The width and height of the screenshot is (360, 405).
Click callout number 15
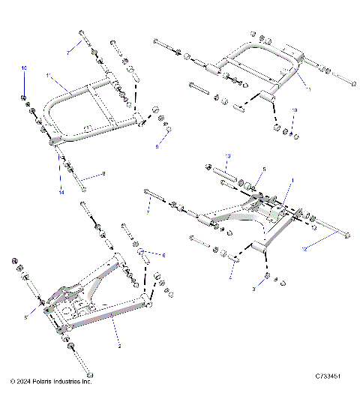(24, 68)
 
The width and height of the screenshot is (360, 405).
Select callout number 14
(61, 192)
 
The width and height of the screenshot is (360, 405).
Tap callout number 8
(103, 173)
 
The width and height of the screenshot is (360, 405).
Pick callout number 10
(295, 110)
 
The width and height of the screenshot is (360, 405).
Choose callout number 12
(304, 247)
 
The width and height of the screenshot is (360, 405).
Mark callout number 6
(164, 256)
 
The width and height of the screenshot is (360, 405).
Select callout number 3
(254, 289)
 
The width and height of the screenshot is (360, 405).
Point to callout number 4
(230, 278)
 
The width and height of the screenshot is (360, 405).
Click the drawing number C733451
(329, 382)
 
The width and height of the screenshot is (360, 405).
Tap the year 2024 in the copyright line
(23, 382)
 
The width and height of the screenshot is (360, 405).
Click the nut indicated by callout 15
(24, 98)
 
